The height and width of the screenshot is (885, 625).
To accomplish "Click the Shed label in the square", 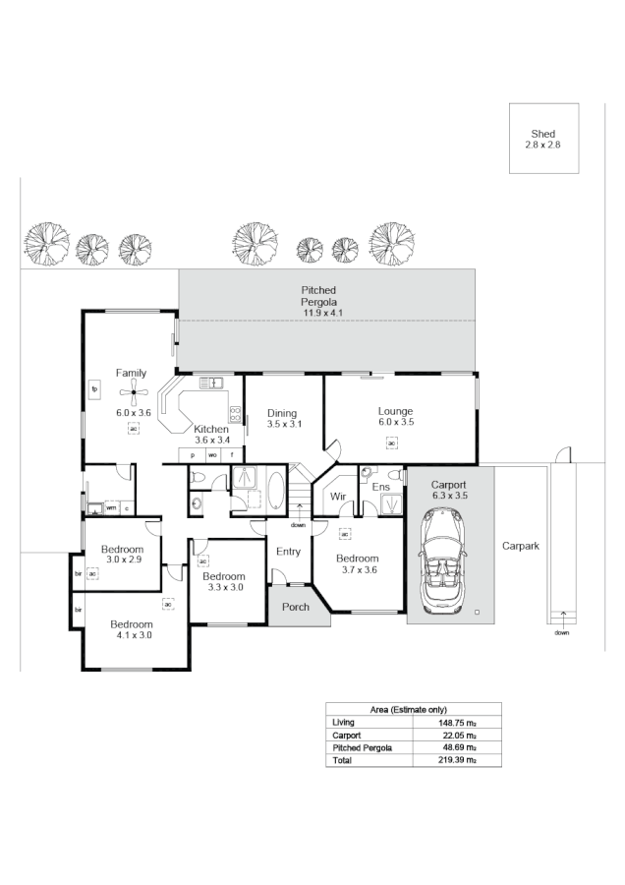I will tap(542, 133).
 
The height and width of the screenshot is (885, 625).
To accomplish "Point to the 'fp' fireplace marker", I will tap(95, 388).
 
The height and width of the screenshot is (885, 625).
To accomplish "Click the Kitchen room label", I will tap(211, 429).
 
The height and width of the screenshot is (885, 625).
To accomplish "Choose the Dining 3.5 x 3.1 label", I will tap(282, 419).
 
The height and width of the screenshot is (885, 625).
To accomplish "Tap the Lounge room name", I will tap(395, 411).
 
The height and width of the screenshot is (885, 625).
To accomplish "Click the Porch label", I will tap(296, 607).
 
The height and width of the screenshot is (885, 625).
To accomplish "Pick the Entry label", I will tap(288, 552).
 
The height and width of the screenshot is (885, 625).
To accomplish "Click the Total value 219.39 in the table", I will tap(458, 760).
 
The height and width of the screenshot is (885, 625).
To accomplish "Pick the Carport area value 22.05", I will tap(458, 735).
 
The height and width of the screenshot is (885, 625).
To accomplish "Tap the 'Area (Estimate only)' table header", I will tap(414, 709).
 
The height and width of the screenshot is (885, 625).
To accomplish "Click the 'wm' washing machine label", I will tap(111, 507).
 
